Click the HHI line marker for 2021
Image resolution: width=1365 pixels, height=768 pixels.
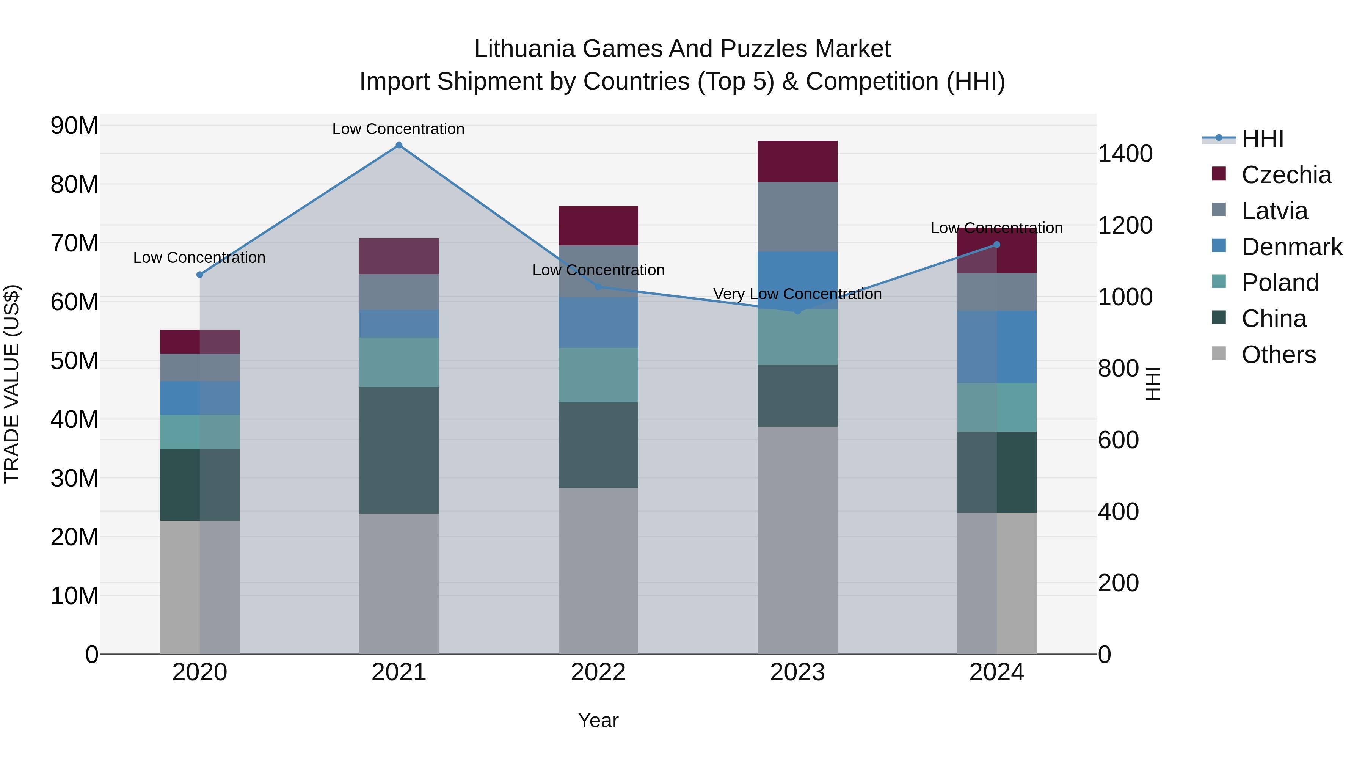399,145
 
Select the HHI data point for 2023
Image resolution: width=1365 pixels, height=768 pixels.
797,311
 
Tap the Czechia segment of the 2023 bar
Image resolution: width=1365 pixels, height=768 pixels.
797,162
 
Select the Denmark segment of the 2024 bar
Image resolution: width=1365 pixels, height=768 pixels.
997,347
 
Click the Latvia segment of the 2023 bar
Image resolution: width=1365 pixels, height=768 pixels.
797,217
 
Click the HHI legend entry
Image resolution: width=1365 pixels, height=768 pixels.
1261,139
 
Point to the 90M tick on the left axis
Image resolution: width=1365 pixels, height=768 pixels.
74,126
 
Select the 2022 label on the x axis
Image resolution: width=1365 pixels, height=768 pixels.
598,672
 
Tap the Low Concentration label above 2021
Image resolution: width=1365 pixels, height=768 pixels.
399,129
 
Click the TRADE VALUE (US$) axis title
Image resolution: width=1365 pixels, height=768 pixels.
12,384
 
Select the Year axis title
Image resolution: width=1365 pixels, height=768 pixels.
598,720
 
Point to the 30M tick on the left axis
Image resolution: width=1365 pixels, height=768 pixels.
74,478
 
